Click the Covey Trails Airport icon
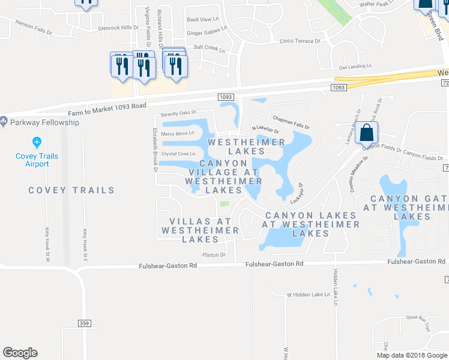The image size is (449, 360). (37, 142)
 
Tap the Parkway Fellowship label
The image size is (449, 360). (44, 122)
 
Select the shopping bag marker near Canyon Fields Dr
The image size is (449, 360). (366, 133)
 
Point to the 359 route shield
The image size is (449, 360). (84, 323)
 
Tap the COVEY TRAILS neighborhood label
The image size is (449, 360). (71, 190)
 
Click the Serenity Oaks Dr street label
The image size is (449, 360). (178, 113)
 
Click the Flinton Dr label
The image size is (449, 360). (213, 255)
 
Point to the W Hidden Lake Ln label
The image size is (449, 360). (309, 295)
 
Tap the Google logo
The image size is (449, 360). (20, 353)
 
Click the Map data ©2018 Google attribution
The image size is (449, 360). (412, 355)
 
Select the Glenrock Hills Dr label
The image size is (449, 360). (118, 28)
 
